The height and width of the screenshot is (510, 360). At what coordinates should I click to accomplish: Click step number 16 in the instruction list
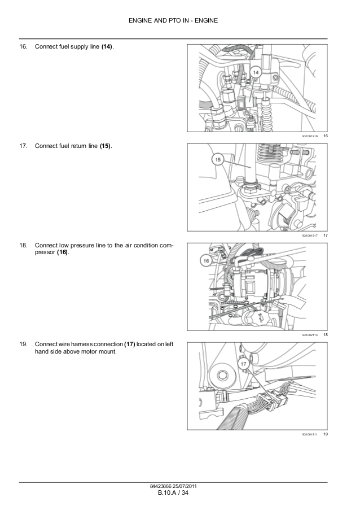point(23,46)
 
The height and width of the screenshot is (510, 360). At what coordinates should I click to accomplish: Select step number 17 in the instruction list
point(23,146)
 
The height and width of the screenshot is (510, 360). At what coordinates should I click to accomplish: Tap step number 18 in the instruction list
point(23,246)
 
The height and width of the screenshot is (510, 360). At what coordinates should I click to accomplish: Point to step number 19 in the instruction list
point(23,345)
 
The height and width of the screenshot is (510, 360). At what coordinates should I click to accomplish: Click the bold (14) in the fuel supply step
point(107,46)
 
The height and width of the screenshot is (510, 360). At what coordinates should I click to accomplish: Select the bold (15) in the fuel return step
point(106,146)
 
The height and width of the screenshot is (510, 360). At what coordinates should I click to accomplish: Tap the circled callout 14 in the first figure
point(255,72)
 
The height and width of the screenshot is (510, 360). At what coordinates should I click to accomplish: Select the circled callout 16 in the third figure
point(207,261)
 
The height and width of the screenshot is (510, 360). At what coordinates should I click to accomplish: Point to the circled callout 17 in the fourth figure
point(243,365)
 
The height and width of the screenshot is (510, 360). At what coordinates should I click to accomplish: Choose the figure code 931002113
point(310,335)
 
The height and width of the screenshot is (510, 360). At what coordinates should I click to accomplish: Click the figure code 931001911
point(310,434)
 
